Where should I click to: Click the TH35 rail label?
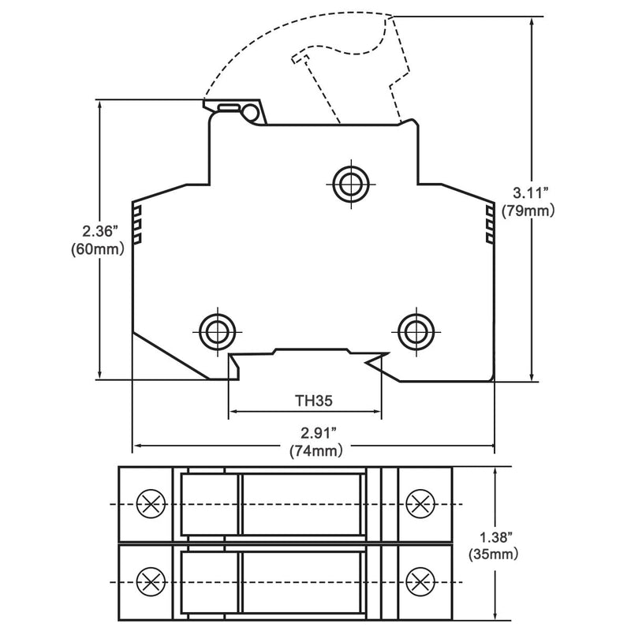tap(314, 401)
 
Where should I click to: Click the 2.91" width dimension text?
tap(319, 433)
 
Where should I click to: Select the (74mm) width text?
tap(316, 450)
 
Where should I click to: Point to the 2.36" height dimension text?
tap(99, 231)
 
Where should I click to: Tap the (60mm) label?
tap(98, 249)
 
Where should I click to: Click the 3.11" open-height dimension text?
tap(531, 192)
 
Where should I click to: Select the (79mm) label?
tap(528, 210)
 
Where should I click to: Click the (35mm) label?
tap(494, 554)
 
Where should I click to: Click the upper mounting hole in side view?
tap(351, 185)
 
